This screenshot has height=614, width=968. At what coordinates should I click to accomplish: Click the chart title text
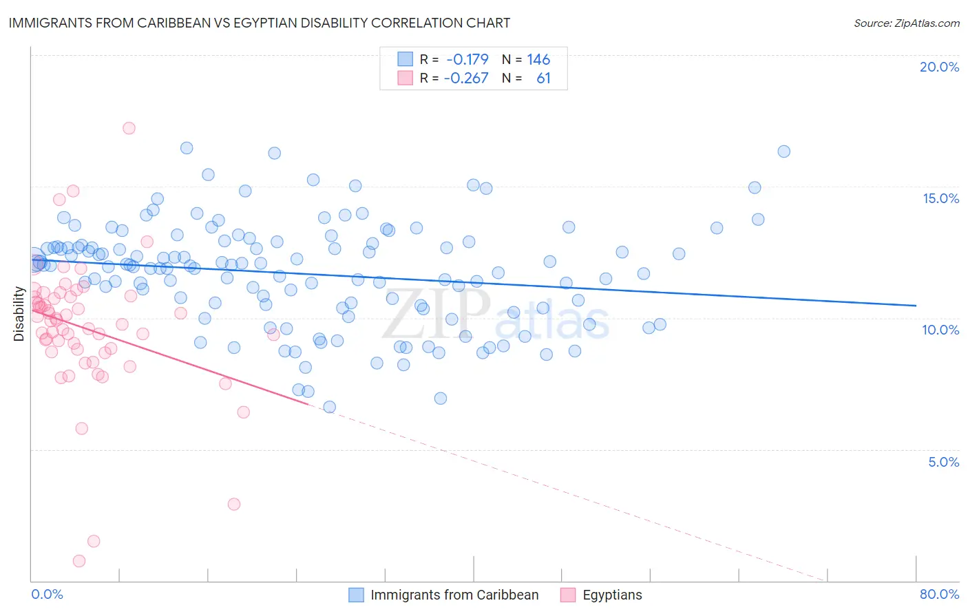pyautogui.click(x=259, y=23)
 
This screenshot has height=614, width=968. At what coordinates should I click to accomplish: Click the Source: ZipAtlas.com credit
pyautogui.click(x=906, y=23)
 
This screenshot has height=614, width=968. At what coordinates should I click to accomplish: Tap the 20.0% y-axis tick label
pyautogui.click(x=939, y=67)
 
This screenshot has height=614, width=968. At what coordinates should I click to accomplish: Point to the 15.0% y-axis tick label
pyautogui.click(x=940, y=198)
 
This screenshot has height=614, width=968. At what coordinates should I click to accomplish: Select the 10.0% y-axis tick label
pyautogui.click(x=940, y=330)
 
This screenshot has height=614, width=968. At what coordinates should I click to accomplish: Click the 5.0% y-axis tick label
pyautogui.click(x=943, y=462)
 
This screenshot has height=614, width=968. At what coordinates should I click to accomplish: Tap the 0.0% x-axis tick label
pyautogui.click(x=47, y=594)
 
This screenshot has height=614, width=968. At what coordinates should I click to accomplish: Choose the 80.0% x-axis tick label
pyautogui.click(x=939, y=594)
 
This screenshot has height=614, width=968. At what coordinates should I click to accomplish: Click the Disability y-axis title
pyautogui.click(x=19, y=314)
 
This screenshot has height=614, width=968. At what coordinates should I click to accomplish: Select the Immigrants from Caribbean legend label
pyautogui.click(x=454, y=595)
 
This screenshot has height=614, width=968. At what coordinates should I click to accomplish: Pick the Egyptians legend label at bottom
pyautogui.click(x=612, y=595)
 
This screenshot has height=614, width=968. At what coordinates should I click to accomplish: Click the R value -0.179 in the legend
pyautogui.click(x=467, y=59)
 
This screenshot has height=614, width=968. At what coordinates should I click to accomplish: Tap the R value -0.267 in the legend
pyautogui.click(x=466, y=78)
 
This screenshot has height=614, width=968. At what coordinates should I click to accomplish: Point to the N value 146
pyautogui.click(x=538, y=59)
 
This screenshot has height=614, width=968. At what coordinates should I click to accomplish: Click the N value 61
pyautogui.click(x=543, y=78)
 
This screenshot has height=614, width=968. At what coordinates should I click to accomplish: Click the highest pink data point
pyautogui.click(x=129, y=128)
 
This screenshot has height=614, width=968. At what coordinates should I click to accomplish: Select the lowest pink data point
pyautogui.click(x=79, y=561)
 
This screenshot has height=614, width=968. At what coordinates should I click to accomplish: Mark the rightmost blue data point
pyautogui.click(x=783, y=151)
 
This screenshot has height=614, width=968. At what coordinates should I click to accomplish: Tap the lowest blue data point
pyautogui.click(x=330, y=407)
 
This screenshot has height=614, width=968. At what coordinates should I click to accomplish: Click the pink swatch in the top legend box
pyautogui.click(x=405, y=78)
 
